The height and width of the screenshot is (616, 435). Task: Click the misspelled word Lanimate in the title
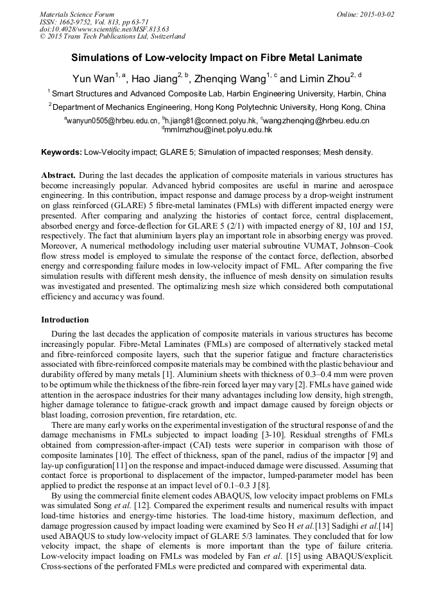point(338,58)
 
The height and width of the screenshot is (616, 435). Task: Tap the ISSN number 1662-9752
point(80,22)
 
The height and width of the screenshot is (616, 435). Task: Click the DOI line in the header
point(104,29)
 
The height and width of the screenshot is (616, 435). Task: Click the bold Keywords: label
point(61,153)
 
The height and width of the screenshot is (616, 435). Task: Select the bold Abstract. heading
point(59,175)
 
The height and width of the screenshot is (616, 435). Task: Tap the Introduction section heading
point(65,319)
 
